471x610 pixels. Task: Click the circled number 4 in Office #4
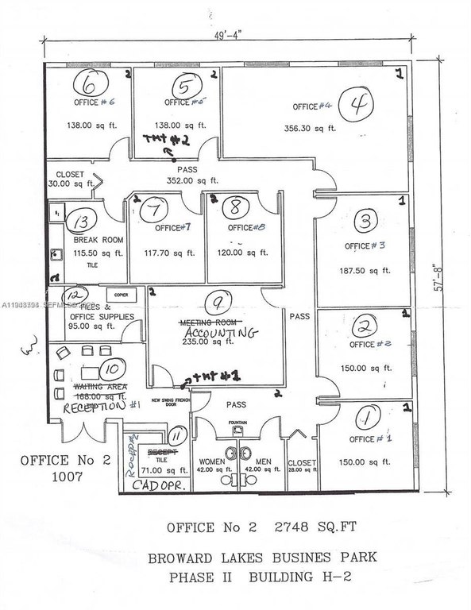(357, 103)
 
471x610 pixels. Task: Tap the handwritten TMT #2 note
(164, 139)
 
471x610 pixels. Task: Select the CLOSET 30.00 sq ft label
(70, 179)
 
